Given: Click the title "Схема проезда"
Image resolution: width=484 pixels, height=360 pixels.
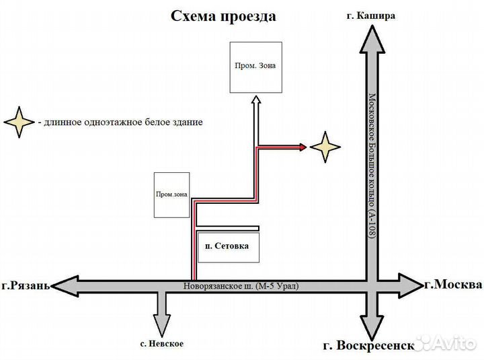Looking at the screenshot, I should [x=223, y=16].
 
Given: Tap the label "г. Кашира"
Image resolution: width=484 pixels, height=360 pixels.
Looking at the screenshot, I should [x=372, y=15].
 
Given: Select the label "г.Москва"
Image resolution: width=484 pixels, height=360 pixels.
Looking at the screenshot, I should [x=453, y=285].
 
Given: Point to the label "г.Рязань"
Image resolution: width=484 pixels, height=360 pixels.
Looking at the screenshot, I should [x=26, y=285].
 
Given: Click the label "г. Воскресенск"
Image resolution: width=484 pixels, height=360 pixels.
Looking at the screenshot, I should [x=366, y=346].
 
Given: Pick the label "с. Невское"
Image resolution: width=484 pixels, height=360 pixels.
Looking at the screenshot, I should [x=162, y=344].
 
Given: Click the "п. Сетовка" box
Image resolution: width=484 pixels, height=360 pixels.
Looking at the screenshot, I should [x=227, y=246].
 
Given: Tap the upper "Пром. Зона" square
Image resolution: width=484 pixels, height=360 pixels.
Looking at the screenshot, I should [x=255, y=67].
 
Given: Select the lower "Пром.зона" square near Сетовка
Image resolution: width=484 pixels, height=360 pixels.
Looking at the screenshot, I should [x=171, y=194].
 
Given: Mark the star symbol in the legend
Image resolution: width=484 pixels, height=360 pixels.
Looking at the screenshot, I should [x=19, y=122].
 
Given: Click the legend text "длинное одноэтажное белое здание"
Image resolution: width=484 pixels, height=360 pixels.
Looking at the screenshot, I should [x=120, y=122].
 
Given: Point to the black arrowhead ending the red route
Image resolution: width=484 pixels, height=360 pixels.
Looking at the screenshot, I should [x=302, y=146].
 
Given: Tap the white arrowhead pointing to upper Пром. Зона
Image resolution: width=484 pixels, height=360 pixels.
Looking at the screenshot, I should [x=256, y=100].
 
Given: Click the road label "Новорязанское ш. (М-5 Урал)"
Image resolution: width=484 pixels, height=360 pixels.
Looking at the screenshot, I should [x=240, y=286].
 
